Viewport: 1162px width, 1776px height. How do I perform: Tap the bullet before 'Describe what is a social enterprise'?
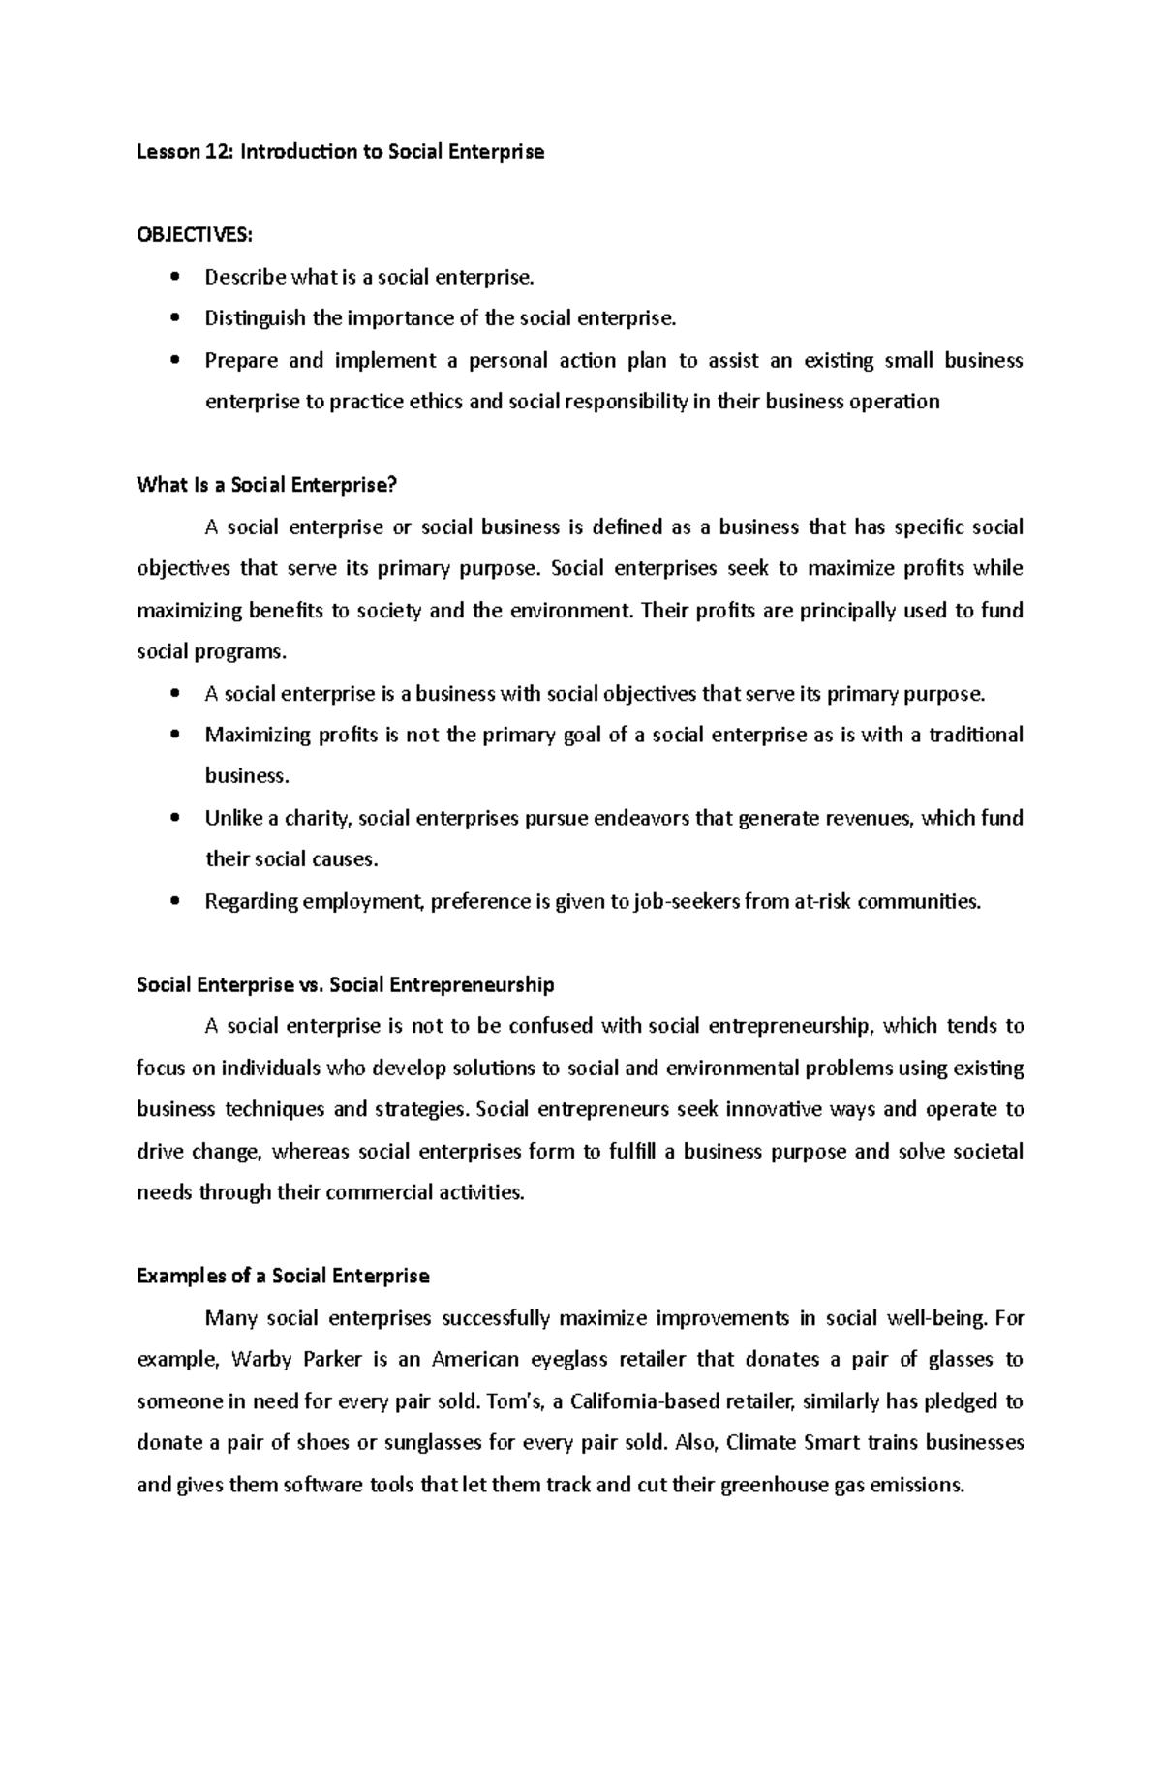pyautogui.click(x=174, y=277)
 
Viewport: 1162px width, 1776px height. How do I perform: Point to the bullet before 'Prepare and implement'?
pyautogui.click(x=174, y=360)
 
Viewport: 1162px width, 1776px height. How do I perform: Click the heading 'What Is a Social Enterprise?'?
pyautogui.click(x=267, y=485)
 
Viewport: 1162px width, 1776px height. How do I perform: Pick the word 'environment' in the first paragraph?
pyautogui.click(x=569, y=611)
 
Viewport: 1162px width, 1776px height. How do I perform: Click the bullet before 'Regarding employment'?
pyautogui.click(x=174, y=901)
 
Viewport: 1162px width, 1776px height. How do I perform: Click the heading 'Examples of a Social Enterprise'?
pyautogui.click(x=283, y=1276)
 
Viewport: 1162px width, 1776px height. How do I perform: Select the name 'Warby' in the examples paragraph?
pyautogui.click(x=262, y=1359)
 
